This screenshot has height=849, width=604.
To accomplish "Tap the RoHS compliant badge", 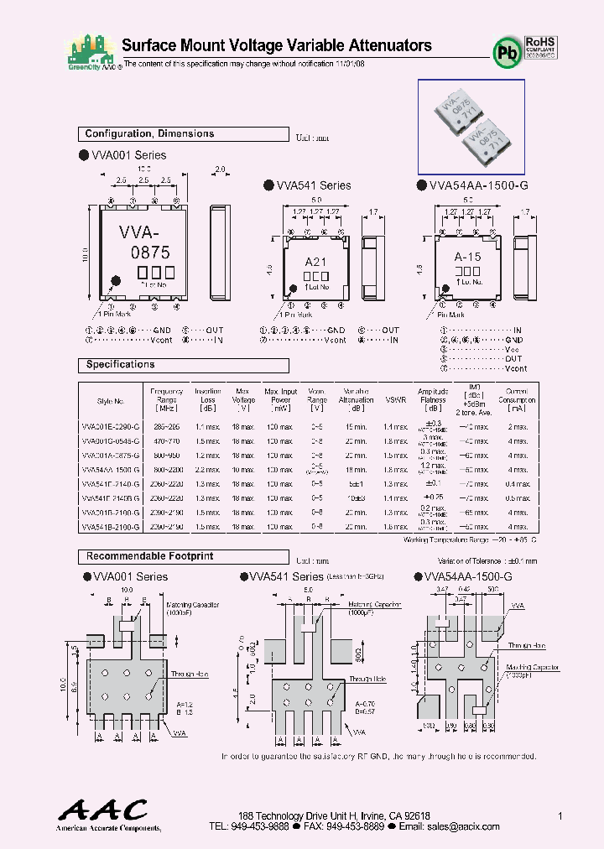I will pyautogui.click(x=541, y=45).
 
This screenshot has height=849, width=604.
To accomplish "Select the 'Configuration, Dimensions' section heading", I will pyautogui.click(x=149, y=134).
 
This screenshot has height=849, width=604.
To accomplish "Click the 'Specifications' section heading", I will pyautogui.click(x=120, y=365).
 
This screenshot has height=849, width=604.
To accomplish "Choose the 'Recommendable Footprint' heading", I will pyautogui.click(x=149, y=556).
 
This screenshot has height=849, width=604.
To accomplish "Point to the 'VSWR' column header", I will pyautogui.click(x=395, y=399).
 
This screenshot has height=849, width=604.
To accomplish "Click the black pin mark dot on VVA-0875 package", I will pyautogui.click(x=116, y=281).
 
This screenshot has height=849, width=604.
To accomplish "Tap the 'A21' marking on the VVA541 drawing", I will pyautogui.click(x=315, y=262).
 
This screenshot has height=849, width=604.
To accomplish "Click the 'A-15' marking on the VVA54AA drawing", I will pyautogui.click(x=467, y=257).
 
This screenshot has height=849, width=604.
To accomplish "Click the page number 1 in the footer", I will pyautogui.click(x=560, y=815).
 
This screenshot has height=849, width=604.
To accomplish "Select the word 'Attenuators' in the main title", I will pyautogui.click(x=387, y=45).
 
